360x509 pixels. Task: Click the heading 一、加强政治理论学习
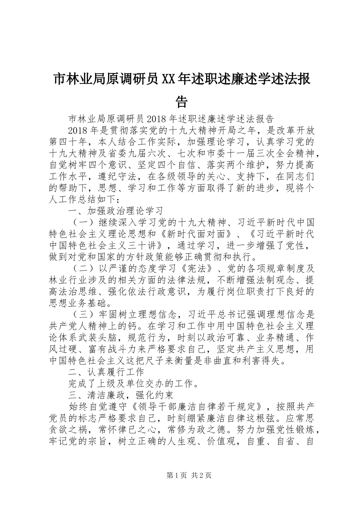click(116, 211)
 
